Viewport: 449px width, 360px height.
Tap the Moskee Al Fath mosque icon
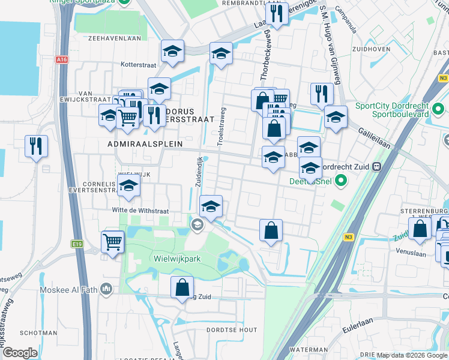(x=107, y=290)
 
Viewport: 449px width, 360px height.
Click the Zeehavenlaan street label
(x=110, y=37)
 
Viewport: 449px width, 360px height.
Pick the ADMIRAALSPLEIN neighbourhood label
(x=136, y=144)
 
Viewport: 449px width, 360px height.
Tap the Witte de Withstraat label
(x=140, y=211)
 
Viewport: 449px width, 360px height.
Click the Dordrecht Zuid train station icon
(x=376, y=167)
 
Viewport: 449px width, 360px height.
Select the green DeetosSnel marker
(x=341, y=179)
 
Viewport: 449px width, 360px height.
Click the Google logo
(x=20, y=353)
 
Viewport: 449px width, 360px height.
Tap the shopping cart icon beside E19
(x=112, y=242)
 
